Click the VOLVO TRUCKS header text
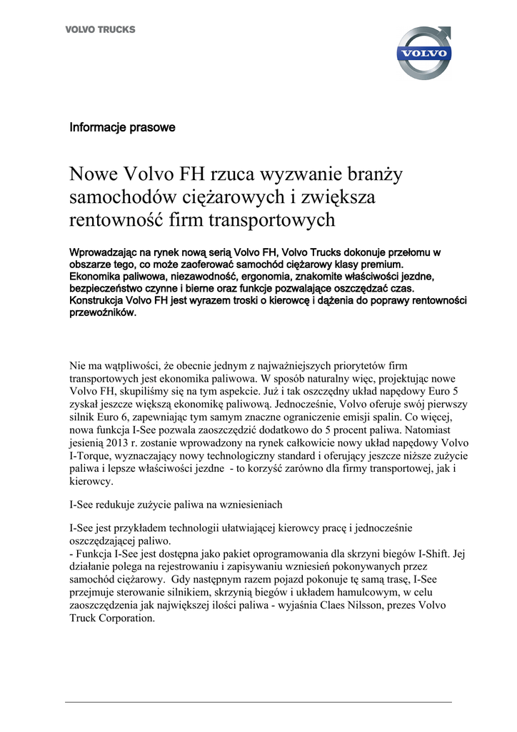(100, 29)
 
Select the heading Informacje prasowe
(122, 128)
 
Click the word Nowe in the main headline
(94, 174)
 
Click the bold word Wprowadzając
(105, 252)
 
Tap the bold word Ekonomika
(97, 275)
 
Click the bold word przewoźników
(102, 312)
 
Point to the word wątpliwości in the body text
(136, 365)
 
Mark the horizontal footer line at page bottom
(258, 702)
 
